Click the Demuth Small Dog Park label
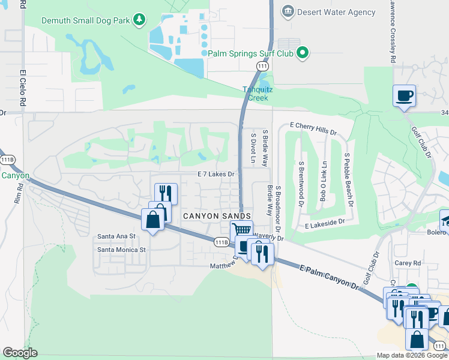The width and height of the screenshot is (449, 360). [86, 20]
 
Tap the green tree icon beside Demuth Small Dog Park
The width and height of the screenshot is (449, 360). [139, 20]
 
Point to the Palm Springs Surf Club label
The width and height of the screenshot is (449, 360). [251, 53]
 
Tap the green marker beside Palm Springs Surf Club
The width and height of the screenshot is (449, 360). [303, 53]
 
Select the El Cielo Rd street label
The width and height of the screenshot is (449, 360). [23, 87]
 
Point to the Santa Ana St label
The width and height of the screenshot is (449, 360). [117, 236]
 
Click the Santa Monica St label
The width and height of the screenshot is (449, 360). [122, 250]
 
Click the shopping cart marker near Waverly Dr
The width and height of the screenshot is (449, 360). [241, 230]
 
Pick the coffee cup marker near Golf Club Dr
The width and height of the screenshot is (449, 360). [404, 95]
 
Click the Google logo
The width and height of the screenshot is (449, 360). [20, 353]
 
